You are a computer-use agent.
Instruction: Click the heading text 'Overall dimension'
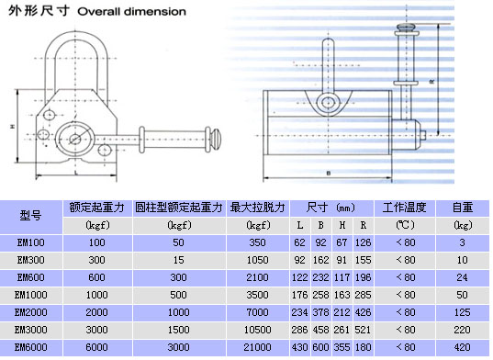[131, 12]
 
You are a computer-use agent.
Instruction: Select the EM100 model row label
[31, 242]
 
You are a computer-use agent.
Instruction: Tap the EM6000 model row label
[31, 347]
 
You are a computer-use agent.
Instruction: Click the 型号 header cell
[31, 216]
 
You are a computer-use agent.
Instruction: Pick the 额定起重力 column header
[96, 208]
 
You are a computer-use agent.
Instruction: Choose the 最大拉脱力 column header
[257, 208]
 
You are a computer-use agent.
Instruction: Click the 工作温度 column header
[404, 208]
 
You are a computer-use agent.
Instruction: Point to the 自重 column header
[462, 208]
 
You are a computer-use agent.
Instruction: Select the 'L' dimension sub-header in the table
[300, 225]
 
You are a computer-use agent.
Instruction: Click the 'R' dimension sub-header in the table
[364, 225]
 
